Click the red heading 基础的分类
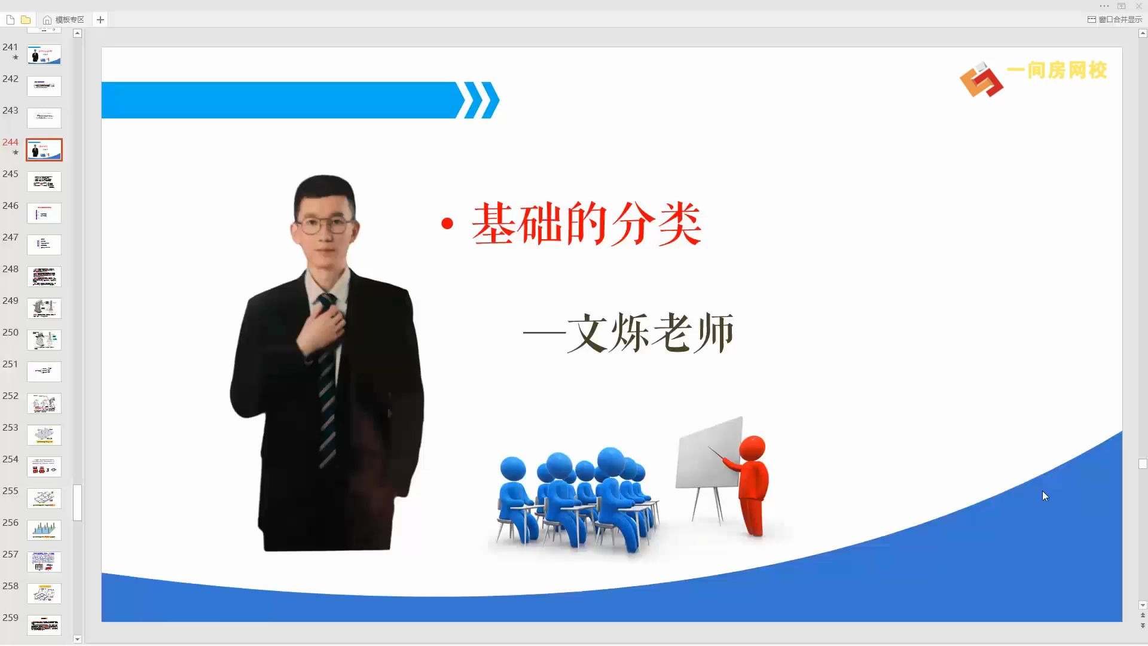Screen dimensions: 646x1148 586,224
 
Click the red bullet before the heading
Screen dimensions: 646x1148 447,224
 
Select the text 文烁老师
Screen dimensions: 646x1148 650,333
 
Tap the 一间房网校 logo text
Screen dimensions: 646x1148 1057,71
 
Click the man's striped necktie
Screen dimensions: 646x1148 326,383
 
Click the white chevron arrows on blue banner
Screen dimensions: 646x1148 478,100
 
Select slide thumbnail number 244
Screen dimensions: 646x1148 44,150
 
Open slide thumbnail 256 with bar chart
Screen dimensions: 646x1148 44,530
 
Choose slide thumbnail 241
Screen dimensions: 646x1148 44,54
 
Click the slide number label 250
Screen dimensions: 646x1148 10,333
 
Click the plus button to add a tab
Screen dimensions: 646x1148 100,20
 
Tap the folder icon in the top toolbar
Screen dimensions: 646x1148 26,20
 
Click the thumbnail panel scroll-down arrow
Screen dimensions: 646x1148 77,639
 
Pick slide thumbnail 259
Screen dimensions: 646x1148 44,625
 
